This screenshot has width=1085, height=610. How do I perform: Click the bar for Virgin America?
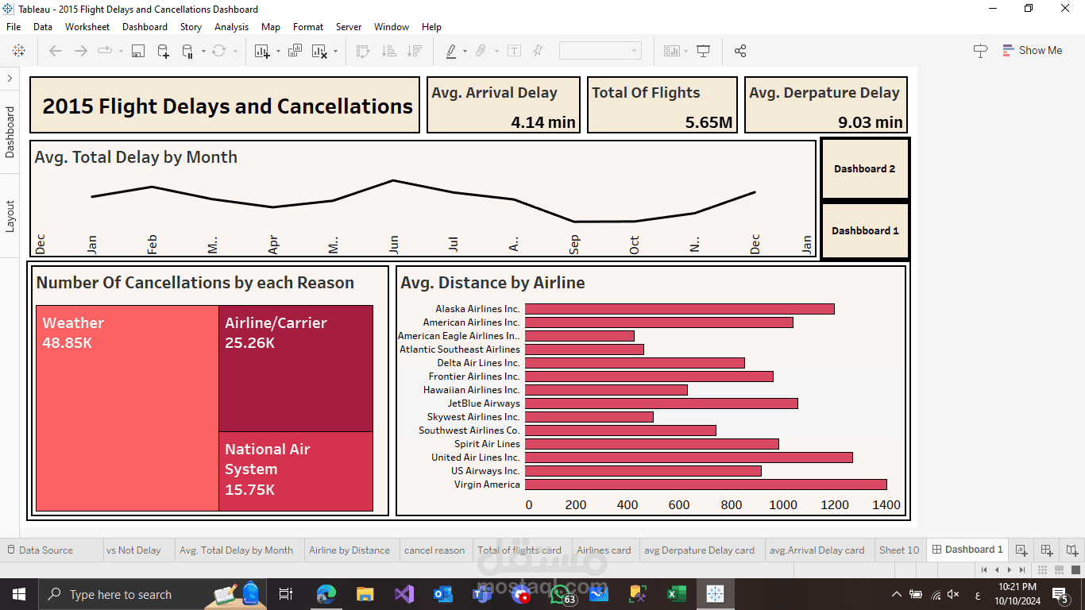pos(706,485)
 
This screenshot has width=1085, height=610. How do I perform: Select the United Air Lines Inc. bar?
pos(689,457)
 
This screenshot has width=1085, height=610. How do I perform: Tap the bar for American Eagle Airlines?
pos(580,336)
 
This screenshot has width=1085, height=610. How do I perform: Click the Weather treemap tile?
pos(127,408)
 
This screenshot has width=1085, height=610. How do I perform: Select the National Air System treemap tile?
pos(296,472)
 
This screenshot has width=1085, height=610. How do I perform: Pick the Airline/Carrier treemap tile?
pos(296,369)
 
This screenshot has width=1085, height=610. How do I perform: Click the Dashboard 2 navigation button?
pos(865,168)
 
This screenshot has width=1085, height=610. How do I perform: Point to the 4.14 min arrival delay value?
pos(543,122)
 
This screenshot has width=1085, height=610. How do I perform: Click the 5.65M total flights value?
pos(709,122)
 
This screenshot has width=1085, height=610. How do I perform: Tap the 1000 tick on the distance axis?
pos(782,505)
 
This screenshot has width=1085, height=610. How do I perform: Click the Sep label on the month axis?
pos(574,245)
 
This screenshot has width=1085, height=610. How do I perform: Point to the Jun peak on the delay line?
pos(393,180)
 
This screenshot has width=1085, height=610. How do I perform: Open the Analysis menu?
pos(231,27)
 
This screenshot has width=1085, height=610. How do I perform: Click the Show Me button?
pos(1033,50)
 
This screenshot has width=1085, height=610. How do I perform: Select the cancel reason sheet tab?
pos(434,550)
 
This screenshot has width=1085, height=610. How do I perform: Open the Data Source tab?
pos(41,550)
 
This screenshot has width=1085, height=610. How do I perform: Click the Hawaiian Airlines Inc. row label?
pos(471,390)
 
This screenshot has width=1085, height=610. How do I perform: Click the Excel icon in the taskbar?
pos(676,594)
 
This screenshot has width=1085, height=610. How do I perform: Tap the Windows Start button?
pos(19,594)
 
